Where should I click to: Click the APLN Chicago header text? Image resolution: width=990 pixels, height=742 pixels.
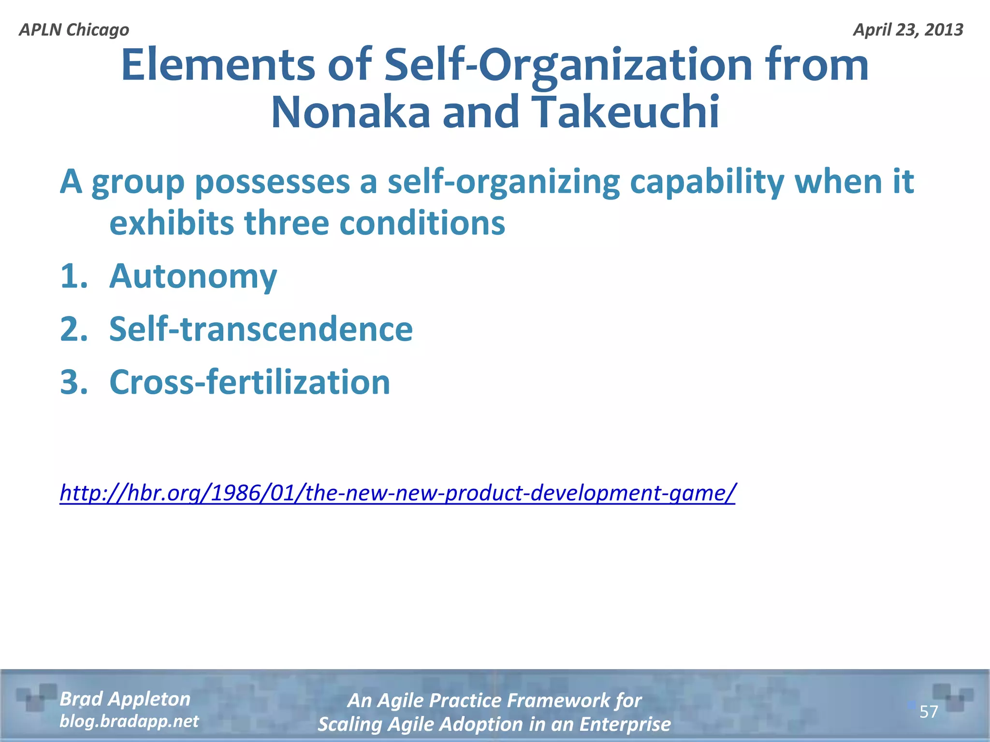(74, 30)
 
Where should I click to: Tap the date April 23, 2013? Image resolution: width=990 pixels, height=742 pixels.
(908, 30)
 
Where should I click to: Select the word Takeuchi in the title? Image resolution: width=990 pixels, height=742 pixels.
(627, 113)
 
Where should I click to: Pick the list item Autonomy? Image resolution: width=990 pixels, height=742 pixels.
(193, 276)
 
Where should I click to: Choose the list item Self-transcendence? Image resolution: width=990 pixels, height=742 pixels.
(261, 329)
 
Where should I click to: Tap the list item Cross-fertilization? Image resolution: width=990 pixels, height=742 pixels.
(249, 382)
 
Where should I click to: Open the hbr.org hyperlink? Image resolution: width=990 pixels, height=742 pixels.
(397, 493)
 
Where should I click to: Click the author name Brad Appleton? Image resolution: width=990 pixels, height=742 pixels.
(125, 699)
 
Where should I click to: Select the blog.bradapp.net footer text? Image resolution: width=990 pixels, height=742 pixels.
(129, 721)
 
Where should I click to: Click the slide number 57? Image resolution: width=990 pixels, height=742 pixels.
(929, 712)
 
